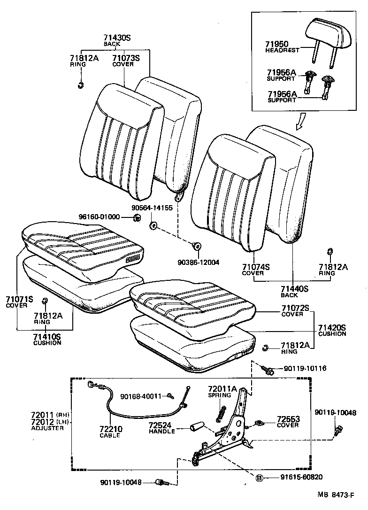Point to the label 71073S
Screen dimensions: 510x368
click(x=126, y=58)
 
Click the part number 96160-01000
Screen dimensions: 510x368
click(x=100, y=217)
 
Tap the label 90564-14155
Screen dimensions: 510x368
click(x=152, y=208)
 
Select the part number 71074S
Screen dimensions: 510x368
click(x=256, y=267)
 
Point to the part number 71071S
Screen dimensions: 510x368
click(x=20, y=299)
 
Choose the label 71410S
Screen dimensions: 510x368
click(x=47, y=337)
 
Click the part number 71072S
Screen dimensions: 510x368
click(x=295, y=308)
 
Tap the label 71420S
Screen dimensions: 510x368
click(x=332, y=327)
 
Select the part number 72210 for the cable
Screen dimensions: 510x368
click(x=110, y=429)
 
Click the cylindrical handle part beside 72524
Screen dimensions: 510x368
click(x=196, y=427)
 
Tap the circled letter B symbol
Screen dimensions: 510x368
click(x=258, y=478)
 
